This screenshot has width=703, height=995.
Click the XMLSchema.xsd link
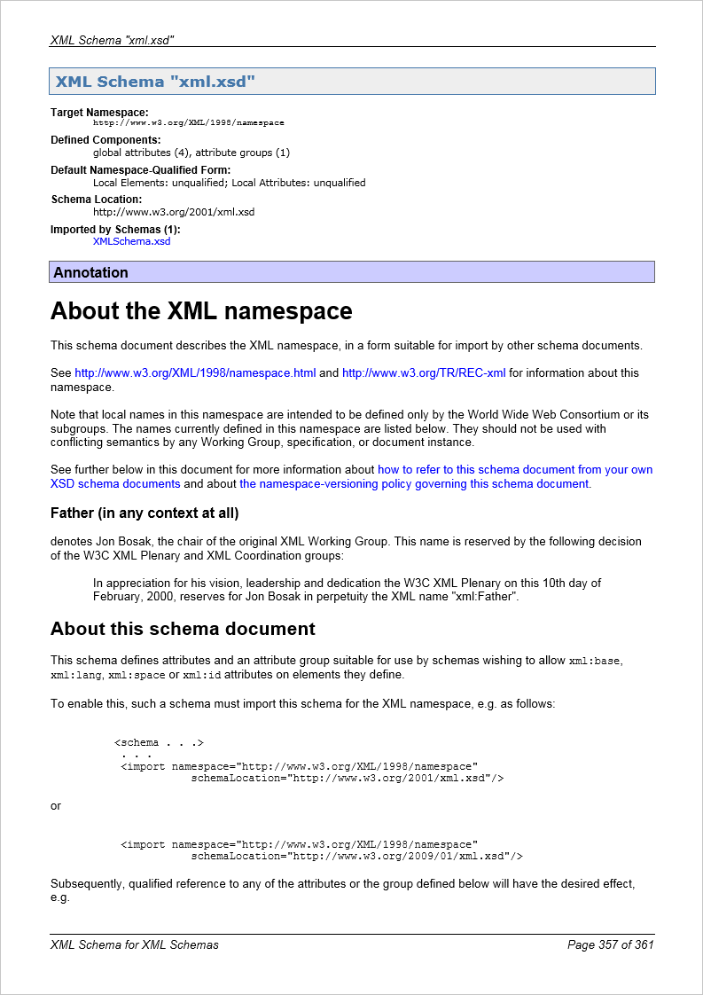131,241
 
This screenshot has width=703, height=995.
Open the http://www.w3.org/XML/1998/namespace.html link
195,373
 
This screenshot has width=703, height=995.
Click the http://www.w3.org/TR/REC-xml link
424,373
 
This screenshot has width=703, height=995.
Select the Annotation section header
90,272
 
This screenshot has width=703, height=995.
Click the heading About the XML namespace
201,311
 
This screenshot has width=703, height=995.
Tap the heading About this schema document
183,629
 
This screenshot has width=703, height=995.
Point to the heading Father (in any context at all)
145,513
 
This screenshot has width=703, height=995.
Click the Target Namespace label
99,113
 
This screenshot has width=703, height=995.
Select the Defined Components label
105,140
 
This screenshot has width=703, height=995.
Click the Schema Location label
96,200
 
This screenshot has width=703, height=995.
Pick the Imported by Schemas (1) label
115,230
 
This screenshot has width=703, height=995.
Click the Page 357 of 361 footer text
610,944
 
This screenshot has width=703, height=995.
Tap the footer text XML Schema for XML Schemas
135,944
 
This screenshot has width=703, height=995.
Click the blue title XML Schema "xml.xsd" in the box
155,82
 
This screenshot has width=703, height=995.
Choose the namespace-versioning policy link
414,484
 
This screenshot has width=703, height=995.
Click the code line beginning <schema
160,743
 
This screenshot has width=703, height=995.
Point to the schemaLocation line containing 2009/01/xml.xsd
356,857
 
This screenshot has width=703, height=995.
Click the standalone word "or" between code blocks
56,806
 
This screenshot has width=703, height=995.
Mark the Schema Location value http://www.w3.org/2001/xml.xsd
174,212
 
